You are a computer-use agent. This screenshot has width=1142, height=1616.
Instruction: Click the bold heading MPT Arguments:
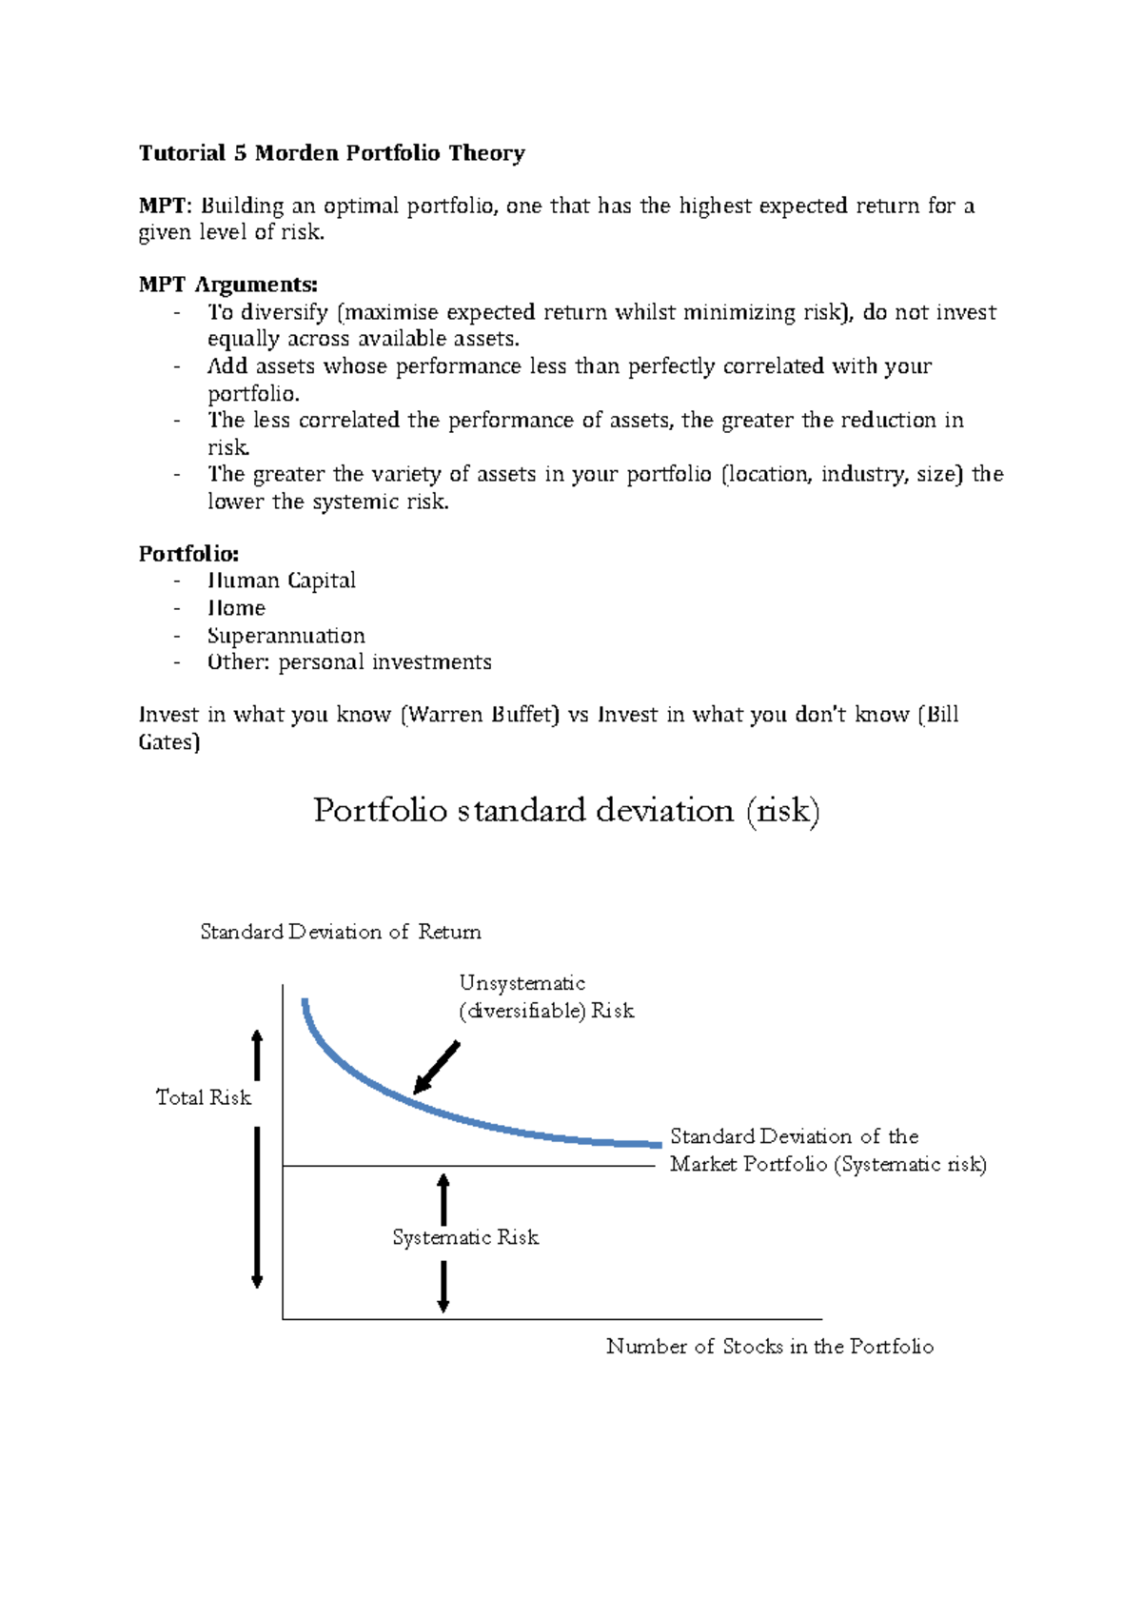227,285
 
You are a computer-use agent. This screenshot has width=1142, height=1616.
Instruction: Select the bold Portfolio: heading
188,554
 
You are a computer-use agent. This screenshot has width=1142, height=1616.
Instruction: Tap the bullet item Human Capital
282,581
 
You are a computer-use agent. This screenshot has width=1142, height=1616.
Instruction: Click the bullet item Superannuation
285,635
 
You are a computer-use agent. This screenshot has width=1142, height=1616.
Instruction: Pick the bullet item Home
236,608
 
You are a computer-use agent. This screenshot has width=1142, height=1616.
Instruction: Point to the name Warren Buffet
481,715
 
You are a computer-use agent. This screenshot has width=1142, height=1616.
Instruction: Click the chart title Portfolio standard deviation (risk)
566,811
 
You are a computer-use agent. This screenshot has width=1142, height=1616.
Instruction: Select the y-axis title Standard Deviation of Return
340,932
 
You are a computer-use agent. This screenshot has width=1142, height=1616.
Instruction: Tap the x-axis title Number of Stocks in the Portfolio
769,1347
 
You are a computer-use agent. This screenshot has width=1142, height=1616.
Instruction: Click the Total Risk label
203,1097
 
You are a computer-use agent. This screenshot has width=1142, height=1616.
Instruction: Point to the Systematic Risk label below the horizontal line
465,1237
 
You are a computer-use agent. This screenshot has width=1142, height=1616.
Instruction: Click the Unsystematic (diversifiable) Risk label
545,996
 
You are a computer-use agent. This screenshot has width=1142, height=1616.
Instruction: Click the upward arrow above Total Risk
257,1054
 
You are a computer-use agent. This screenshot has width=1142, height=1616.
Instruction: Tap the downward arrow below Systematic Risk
443,1287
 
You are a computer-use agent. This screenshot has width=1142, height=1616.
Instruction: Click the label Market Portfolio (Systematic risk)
827,1164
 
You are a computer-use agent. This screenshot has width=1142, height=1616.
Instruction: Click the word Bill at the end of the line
942,715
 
